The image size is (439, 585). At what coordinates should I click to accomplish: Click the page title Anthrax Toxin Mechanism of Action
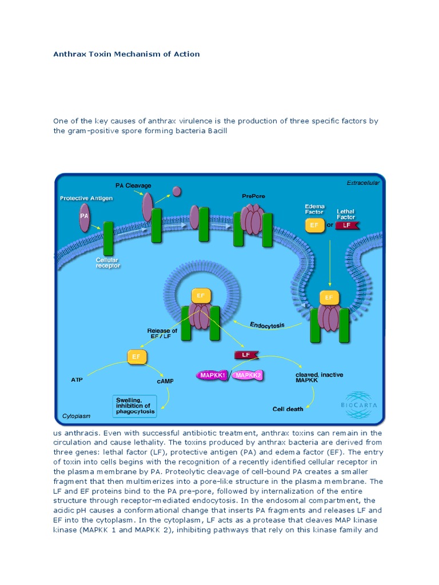(126, 54)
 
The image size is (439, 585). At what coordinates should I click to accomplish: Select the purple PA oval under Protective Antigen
(85, 217)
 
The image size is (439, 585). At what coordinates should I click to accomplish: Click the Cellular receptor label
(107, 263)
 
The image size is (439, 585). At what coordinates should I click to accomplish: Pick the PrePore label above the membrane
(254, 196)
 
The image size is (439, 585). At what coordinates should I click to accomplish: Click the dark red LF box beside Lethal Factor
(346, 225)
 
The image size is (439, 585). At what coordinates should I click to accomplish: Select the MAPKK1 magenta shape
(213, 375)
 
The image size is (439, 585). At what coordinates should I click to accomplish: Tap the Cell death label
(288, 409)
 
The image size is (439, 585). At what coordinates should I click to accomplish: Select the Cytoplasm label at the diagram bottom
(76, 416)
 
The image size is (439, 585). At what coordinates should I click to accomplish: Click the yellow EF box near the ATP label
(136, 357)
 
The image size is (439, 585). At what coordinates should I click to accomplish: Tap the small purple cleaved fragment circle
(177, 191)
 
